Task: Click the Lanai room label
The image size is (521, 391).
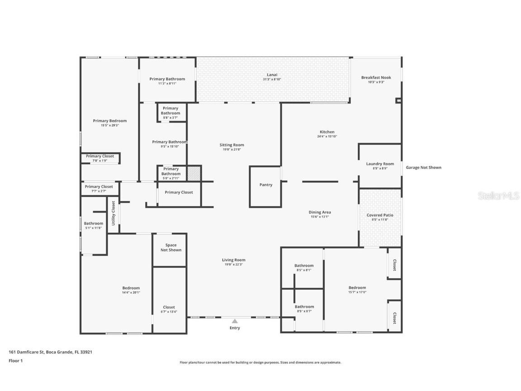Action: tap(272, 75)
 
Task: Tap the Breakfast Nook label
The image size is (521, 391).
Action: tap(376, 77)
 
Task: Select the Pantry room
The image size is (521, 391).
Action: tap(266, 185)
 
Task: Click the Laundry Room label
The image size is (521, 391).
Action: tap(380, 164)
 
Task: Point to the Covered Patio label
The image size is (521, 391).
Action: tap(380, 215)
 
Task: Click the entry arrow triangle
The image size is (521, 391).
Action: tap(235, 321)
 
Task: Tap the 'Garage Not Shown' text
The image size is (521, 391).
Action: tap(423, 167)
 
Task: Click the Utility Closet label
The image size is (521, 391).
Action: tap(114, 213)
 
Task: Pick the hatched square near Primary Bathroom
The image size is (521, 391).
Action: tap(194, 173)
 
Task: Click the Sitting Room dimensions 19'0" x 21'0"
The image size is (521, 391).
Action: tap(232, 150)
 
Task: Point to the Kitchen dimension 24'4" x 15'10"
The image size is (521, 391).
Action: tap(327, 136)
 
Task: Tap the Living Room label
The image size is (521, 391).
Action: tap(233, 260)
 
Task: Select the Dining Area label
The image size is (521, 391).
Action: tap(320, 212)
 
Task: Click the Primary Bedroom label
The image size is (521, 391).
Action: tap(109, 121)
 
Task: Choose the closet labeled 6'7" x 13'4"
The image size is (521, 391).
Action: tap(169, 310)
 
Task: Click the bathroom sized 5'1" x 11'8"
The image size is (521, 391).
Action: tap(93, 225)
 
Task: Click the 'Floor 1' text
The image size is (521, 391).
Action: tap(15, 361)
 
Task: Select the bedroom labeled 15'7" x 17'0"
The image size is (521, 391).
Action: tap(357, 290)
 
